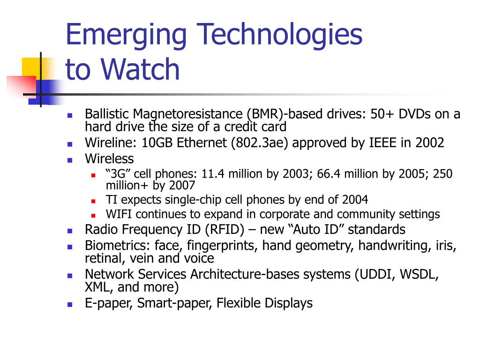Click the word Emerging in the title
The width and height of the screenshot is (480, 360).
coord(126,35)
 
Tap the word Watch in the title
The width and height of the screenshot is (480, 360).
coord(140,69)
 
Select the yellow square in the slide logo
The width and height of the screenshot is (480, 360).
coord(31,68)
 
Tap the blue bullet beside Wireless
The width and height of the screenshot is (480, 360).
coord(70,160)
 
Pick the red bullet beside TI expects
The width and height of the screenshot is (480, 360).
coord(93,201)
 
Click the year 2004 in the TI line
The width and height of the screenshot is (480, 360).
coord(355,200)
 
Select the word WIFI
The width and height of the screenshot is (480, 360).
coord(119,214)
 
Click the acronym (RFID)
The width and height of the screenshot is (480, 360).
coord(225,230)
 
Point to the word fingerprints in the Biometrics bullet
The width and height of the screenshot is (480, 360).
coord(222,246)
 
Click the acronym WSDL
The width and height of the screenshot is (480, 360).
coord(419,274)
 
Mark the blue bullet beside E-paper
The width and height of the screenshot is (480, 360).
coord(70,305)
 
